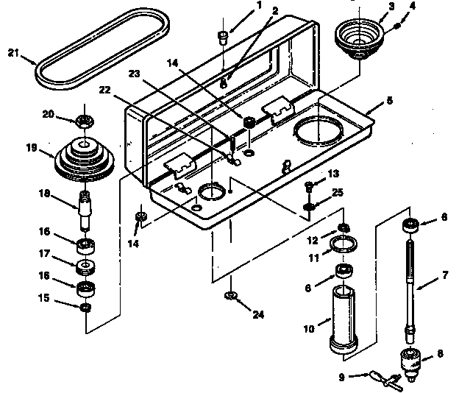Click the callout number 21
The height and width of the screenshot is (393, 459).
point(13,52)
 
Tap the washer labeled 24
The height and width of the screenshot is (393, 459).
point(230,296)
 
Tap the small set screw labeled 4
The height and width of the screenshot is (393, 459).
point(397,25)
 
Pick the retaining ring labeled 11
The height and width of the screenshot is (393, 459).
point(344,244)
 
